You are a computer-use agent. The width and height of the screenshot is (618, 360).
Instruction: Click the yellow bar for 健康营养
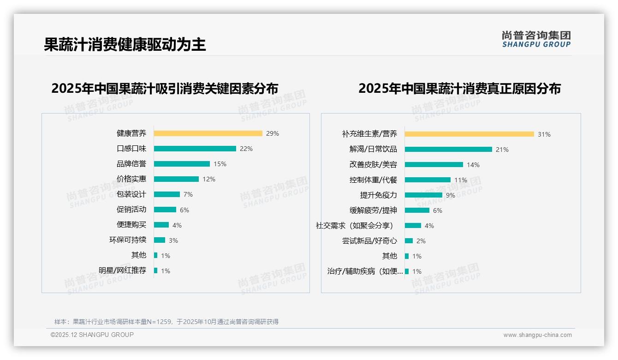(208, 133)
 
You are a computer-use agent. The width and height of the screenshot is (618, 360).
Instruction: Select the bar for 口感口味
(195, 149)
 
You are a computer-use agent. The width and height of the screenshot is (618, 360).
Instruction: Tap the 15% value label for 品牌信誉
(220, 164)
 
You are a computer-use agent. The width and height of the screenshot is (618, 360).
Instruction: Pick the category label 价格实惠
(131, 179)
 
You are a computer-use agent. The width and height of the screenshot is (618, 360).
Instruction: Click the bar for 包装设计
(167, 194)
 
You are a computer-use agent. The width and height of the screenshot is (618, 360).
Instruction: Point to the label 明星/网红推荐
(122, 270)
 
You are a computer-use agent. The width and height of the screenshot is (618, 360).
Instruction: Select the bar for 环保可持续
(160, 240)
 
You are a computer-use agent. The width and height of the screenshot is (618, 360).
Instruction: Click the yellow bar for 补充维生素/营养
(469, 134)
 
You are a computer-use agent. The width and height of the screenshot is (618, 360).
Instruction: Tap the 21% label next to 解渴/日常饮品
(502, 150)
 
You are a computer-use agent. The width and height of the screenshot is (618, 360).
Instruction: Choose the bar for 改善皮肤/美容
(434, 164)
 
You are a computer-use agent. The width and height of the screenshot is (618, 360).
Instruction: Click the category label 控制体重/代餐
(373, 180)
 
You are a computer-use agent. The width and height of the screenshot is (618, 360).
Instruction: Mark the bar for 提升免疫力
(423, 195)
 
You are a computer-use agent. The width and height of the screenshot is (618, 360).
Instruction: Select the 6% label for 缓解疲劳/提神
(437, 210)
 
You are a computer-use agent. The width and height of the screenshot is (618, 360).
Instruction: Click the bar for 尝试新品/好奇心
(409, 240)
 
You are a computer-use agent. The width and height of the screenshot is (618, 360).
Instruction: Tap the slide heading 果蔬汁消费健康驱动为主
(125, 44)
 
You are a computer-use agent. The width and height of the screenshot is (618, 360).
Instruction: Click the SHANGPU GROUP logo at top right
(536, 39)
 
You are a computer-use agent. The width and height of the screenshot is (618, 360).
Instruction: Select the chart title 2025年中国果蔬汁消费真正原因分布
(459, 89)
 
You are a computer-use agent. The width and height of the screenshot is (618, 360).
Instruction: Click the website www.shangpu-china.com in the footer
(537, 335)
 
